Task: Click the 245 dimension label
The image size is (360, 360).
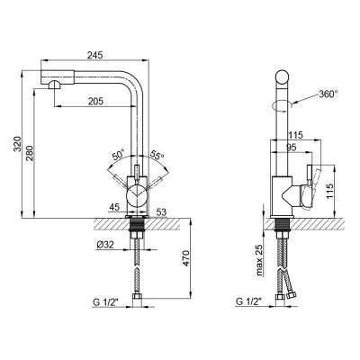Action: [94, 55]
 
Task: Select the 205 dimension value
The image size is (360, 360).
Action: [95, 102]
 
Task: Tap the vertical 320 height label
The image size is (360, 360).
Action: [18, 144]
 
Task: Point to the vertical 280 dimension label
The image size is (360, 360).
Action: [30, 153]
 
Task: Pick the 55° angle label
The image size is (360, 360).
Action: [157, 155]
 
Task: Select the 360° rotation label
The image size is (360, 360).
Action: [328, 94]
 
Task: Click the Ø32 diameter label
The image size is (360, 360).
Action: [105, 245]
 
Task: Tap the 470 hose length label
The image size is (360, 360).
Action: [186, 258]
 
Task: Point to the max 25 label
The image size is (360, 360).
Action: [259, 260]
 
